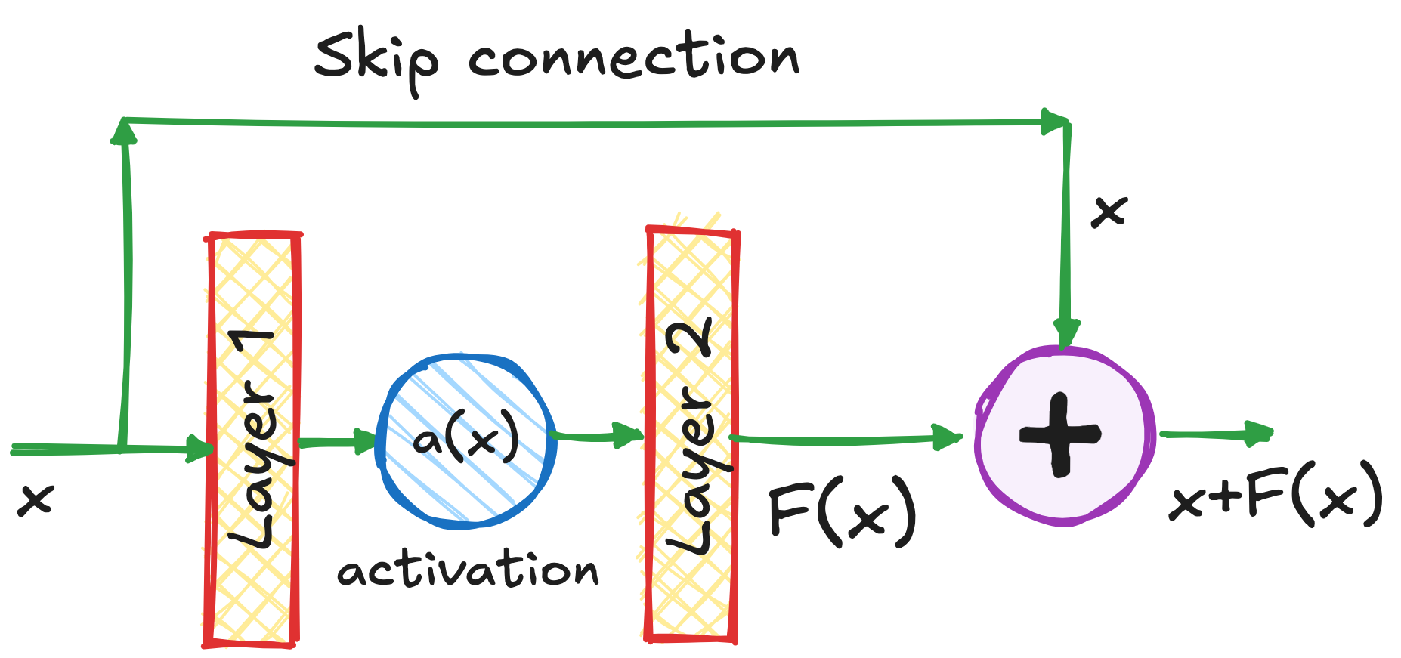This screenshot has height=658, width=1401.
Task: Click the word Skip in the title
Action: [x=376, y=59]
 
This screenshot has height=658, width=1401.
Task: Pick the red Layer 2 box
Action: [x=691, y=434]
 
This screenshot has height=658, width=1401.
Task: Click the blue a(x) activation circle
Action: [x=467, y=440]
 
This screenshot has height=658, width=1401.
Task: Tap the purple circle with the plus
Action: [x=1065, y=437]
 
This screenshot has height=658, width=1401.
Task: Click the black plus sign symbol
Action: [x=1060, y=435]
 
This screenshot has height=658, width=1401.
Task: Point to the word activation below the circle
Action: [x=468, y=570]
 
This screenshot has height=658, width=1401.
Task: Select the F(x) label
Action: [x=841, y=512]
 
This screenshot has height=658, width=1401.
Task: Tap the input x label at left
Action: [x=36, y=499]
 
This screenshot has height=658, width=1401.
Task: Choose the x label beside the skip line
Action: [x=1109, y=211]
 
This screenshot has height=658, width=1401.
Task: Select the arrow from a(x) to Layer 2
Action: [x=597, y=435]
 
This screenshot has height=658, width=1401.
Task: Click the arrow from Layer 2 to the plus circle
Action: [x=846, y=438]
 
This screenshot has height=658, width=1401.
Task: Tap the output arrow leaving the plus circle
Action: [x=1217, y=434]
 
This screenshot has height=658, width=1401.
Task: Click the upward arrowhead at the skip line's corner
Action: [x=123, y=132]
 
